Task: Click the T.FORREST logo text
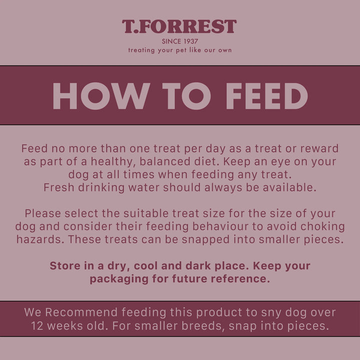point(179,27)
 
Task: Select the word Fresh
point(59,187)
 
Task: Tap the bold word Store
point(65,266)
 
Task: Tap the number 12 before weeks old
point(38,325)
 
